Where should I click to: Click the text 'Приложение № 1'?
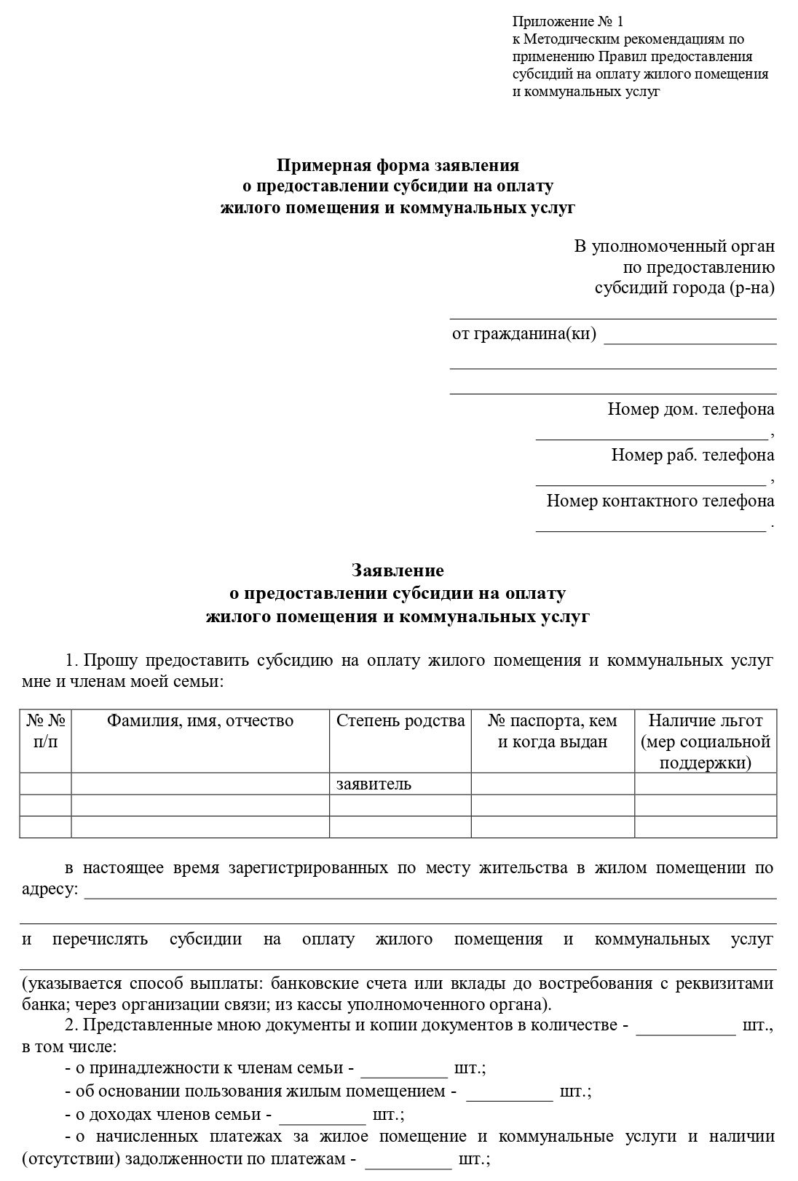567,21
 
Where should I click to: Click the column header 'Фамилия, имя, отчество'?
200,721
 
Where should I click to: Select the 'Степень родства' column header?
400,721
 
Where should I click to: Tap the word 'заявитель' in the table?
374,784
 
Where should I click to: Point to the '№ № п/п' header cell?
46,731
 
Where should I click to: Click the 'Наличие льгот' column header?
705,721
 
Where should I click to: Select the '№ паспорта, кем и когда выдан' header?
552,731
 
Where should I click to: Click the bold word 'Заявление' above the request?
398,570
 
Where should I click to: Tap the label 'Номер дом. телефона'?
690,410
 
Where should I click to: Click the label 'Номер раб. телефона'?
692,456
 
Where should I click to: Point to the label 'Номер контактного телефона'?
660,501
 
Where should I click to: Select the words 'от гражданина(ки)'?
524,334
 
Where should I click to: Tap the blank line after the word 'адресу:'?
430,893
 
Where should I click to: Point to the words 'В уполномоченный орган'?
673,247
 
